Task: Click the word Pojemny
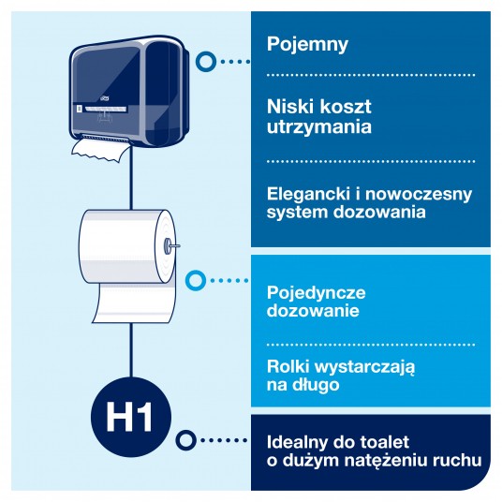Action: tap(307, 45)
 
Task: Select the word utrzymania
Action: tap(319, 126)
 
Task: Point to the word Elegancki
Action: tap(307, 195)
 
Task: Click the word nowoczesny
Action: tap(419, 195)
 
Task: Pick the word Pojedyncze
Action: tap(316, 293)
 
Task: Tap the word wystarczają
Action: tap(369, 367)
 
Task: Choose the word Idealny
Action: tap(298, 443)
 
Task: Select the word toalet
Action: tap(385, 442)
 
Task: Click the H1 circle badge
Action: tap(131, 417)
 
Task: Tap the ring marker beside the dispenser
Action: tap(206, 62)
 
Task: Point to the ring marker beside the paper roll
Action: tap(196, 280)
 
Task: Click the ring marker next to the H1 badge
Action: tap(185, 440)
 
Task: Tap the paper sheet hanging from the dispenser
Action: tap(101, 149)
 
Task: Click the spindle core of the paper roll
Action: tap(169, 246)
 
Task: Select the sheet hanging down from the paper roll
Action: tap(135, 303)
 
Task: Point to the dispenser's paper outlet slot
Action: tap(104, 136)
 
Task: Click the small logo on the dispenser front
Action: tap(105, 99)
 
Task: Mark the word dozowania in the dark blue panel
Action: tap(379, 213)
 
